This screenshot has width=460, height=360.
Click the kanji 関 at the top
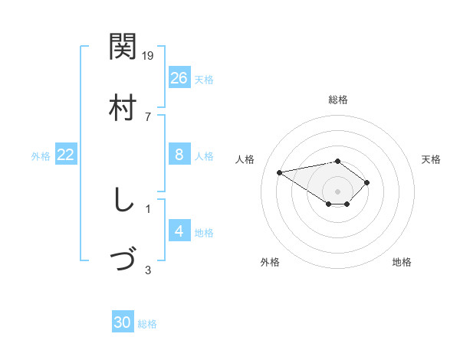123,47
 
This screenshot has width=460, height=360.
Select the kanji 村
123,107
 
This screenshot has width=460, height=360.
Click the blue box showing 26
179,77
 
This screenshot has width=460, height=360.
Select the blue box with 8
179,155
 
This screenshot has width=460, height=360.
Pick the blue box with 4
179,231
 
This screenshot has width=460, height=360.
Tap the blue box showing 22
66,155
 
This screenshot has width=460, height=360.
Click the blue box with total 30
123,322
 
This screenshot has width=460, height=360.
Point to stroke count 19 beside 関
149,55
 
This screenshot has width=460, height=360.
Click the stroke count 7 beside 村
148,116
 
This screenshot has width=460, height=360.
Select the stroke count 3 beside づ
148,270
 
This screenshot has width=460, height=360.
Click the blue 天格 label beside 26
204,79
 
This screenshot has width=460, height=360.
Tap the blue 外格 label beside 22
41,156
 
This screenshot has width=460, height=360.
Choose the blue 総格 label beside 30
147,324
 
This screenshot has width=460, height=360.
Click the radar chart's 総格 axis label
338,100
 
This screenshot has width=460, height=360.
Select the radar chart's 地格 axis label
402,262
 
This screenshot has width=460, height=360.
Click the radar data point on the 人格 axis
280,172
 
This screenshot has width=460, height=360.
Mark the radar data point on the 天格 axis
367,182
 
